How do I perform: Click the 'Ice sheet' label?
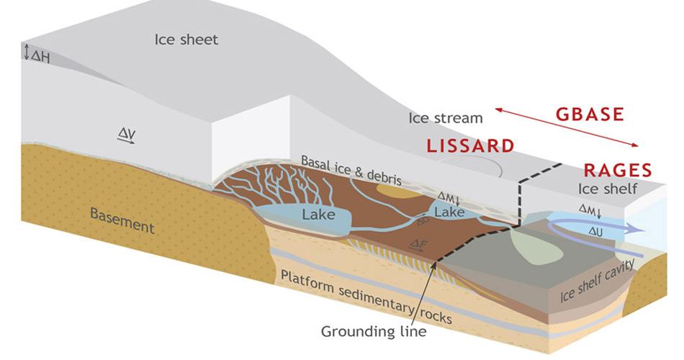tap(186, 39)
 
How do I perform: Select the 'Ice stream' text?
tap(446, 117)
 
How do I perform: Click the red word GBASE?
tap(590, 114)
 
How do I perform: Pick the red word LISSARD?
tap(470, 145)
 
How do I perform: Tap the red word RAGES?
tap(617, 171)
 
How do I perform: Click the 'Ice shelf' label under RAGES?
tap(608, 189)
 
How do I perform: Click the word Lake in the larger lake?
tap(318, 214)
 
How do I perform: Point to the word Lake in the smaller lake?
tap(449, 212)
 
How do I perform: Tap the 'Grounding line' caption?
tap(374, 332)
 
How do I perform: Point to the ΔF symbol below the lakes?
tap(418, 246)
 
